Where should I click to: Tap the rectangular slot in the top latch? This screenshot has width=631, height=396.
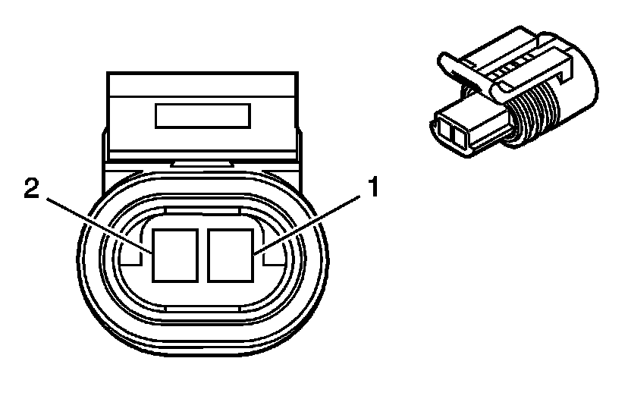tap(202, 117)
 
